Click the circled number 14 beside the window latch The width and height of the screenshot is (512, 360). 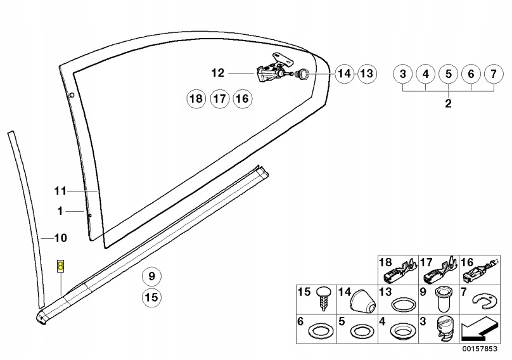[343, 74]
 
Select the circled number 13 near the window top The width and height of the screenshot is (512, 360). [366, 74]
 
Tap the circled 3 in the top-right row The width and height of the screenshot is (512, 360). [403, 74]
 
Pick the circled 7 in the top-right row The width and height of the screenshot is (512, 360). [426, 74]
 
